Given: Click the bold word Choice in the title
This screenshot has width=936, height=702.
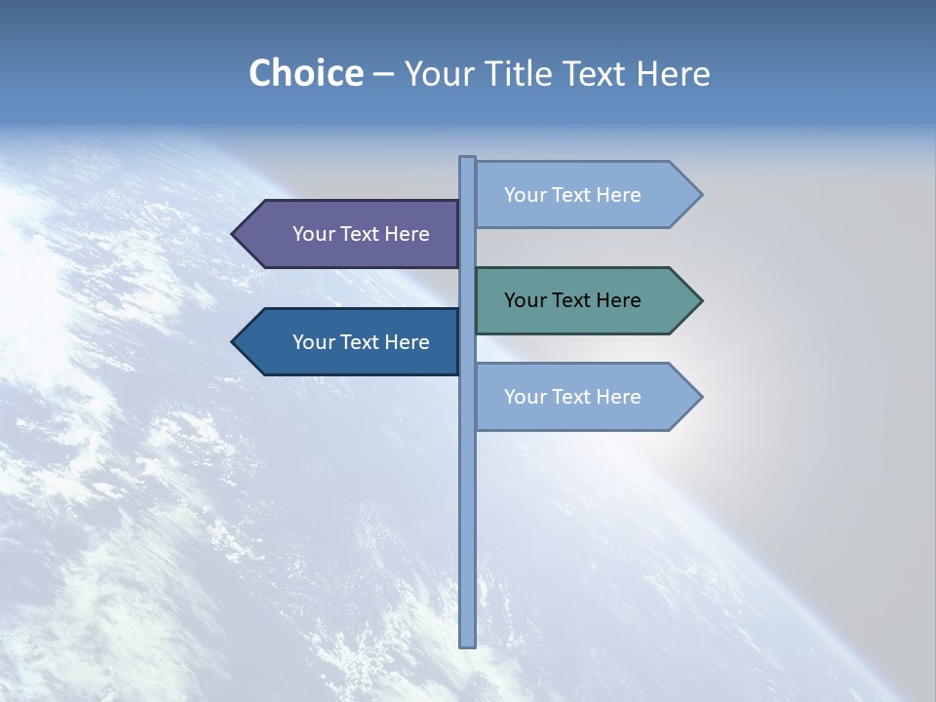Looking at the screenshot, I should point(305,74).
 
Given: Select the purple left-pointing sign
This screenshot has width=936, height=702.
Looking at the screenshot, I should point(351,234).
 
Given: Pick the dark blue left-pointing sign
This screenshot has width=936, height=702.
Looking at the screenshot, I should point(351,342).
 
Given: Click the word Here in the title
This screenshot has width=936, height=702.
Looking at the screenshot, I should point(674,74).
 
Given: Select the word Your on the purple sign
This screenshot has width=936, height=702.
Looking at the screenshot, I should point(313,234).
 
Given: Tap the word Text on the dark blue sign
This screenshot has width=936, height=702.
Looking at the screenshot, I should point(360,342).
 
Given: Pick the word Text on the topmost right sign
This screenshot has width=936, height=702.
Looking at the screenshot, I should point(571,195).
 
